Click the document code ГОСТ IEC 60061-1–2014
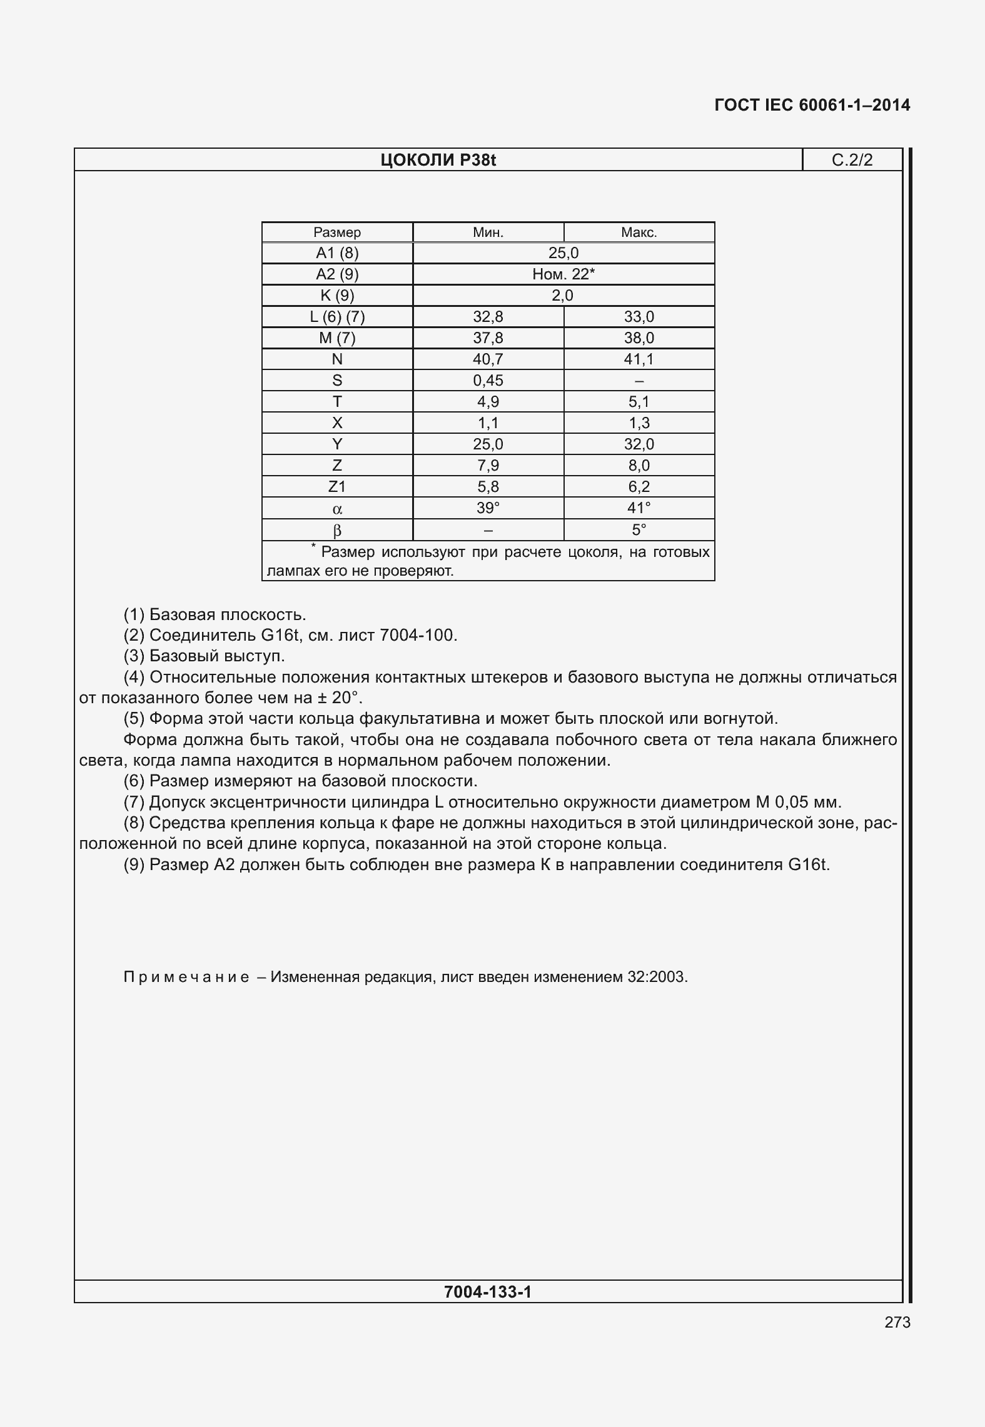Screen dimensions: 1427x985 [x=812, y=105]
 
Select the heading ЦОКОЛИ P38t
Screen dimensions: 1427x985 [x=438, y=161]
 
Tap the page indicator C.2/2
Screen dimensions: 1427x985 [x=852, y=161]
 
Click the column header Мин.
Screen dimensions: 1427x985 [x=488, y=233]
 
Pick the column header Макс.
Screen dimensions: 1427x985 [x=639, y=233]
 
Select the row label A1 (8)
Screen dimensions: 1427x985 [x=337, y=253]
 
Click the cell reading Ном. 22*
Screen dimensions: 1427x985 [x=563, y=274]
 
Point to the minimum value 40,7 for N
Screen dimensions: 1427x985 [x=488, y=359]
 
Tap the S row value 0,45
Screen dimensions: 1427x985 [x=488, y=381]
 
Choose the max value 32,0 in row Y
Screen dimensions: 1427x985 [x=639, y=444]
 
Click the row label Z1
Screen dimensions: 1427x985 [x=337, y=487]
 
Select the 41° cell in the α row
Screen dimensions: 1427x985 [x=639, y=508]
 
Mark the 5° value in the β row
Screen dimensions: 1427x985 [x=639, y=530]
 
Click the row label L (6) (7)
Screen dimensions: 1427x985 [x=337, y=317]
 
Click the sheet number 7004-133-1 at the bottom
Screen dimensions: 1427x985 [x=487, y=1292]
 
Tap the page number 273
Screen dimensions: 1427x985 [x=897, y=1322]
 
